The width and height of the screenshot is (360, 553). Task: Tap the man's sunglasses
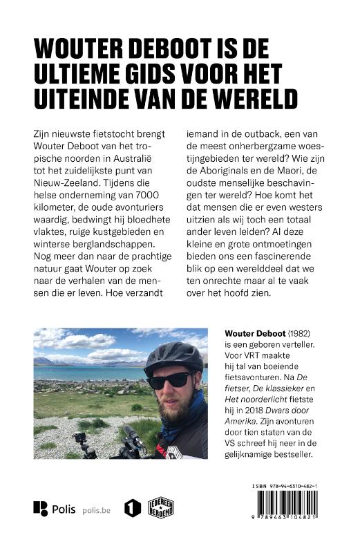click(169, 379)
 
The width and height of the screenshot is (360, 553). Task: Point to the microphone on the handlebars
click(133, 433)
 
